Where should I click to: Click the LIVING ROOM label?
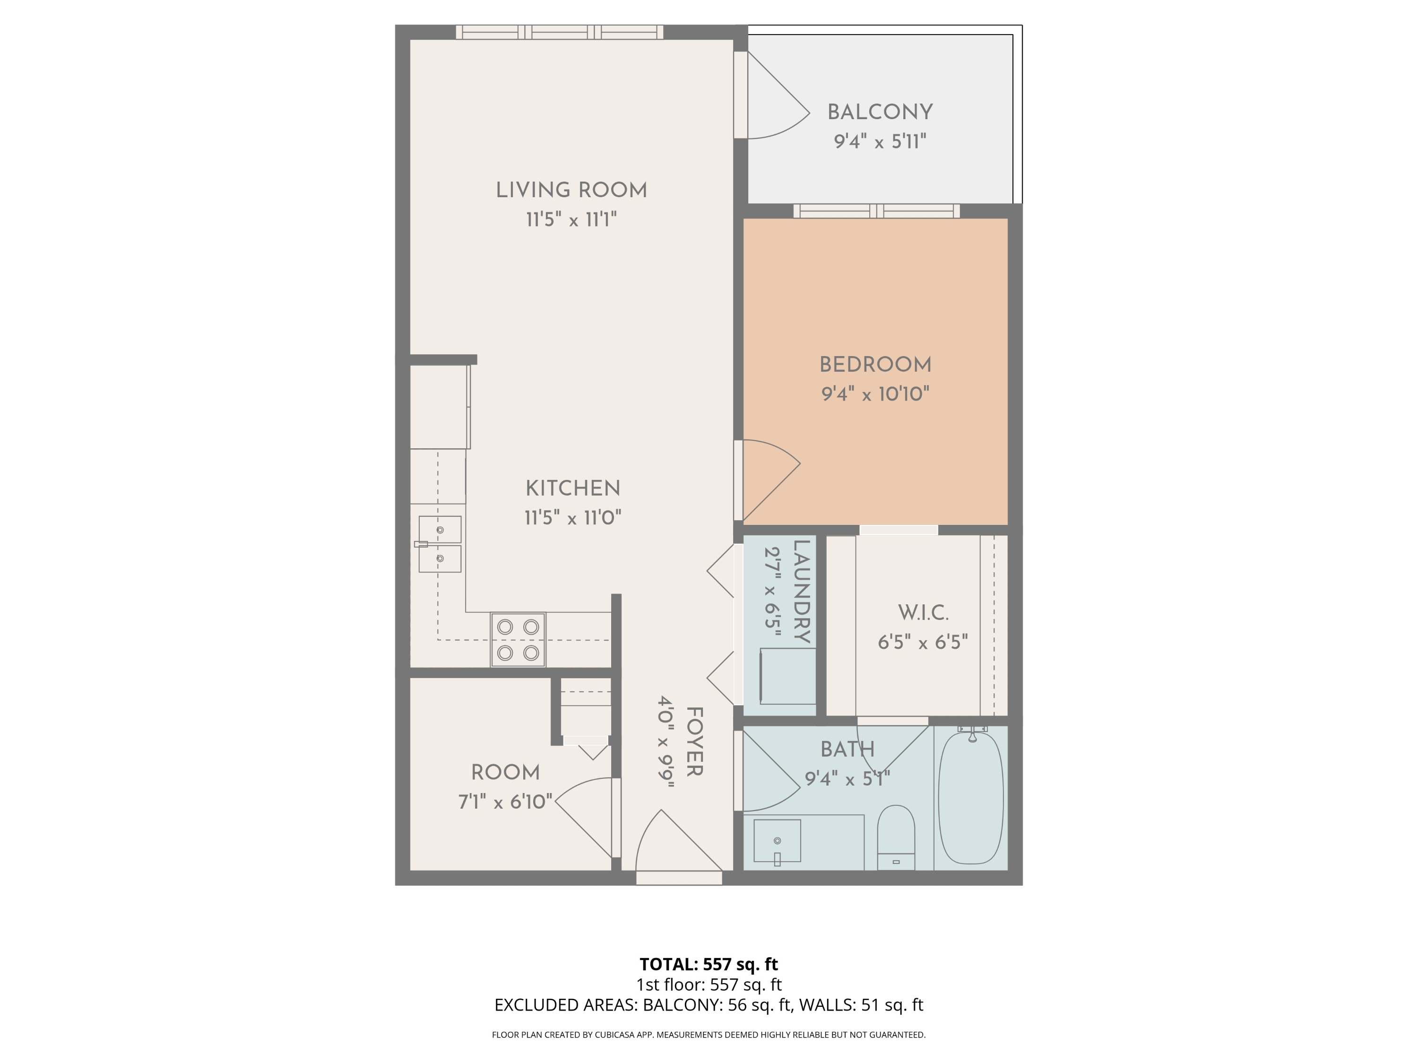[571, 191]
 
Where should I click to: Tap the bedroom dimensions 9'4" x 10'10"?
[875, 394]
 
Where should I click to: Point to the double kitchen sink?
[440, 544]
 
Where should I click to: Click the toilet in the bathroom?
[896, 837]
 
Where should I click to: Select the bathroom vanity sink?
[777, 841]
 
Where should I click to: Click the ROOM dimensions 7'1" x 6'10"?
[505, 802]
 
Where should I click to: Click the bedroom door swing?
[769, 478]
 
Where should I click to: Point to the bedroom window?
[876, 211]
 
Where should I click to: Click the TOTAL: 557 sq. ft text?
[709, 964]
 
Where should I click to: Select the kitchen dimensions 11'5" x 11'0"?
[572, 517]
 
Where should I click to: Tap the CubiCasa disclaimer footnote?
[709, 1035]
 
